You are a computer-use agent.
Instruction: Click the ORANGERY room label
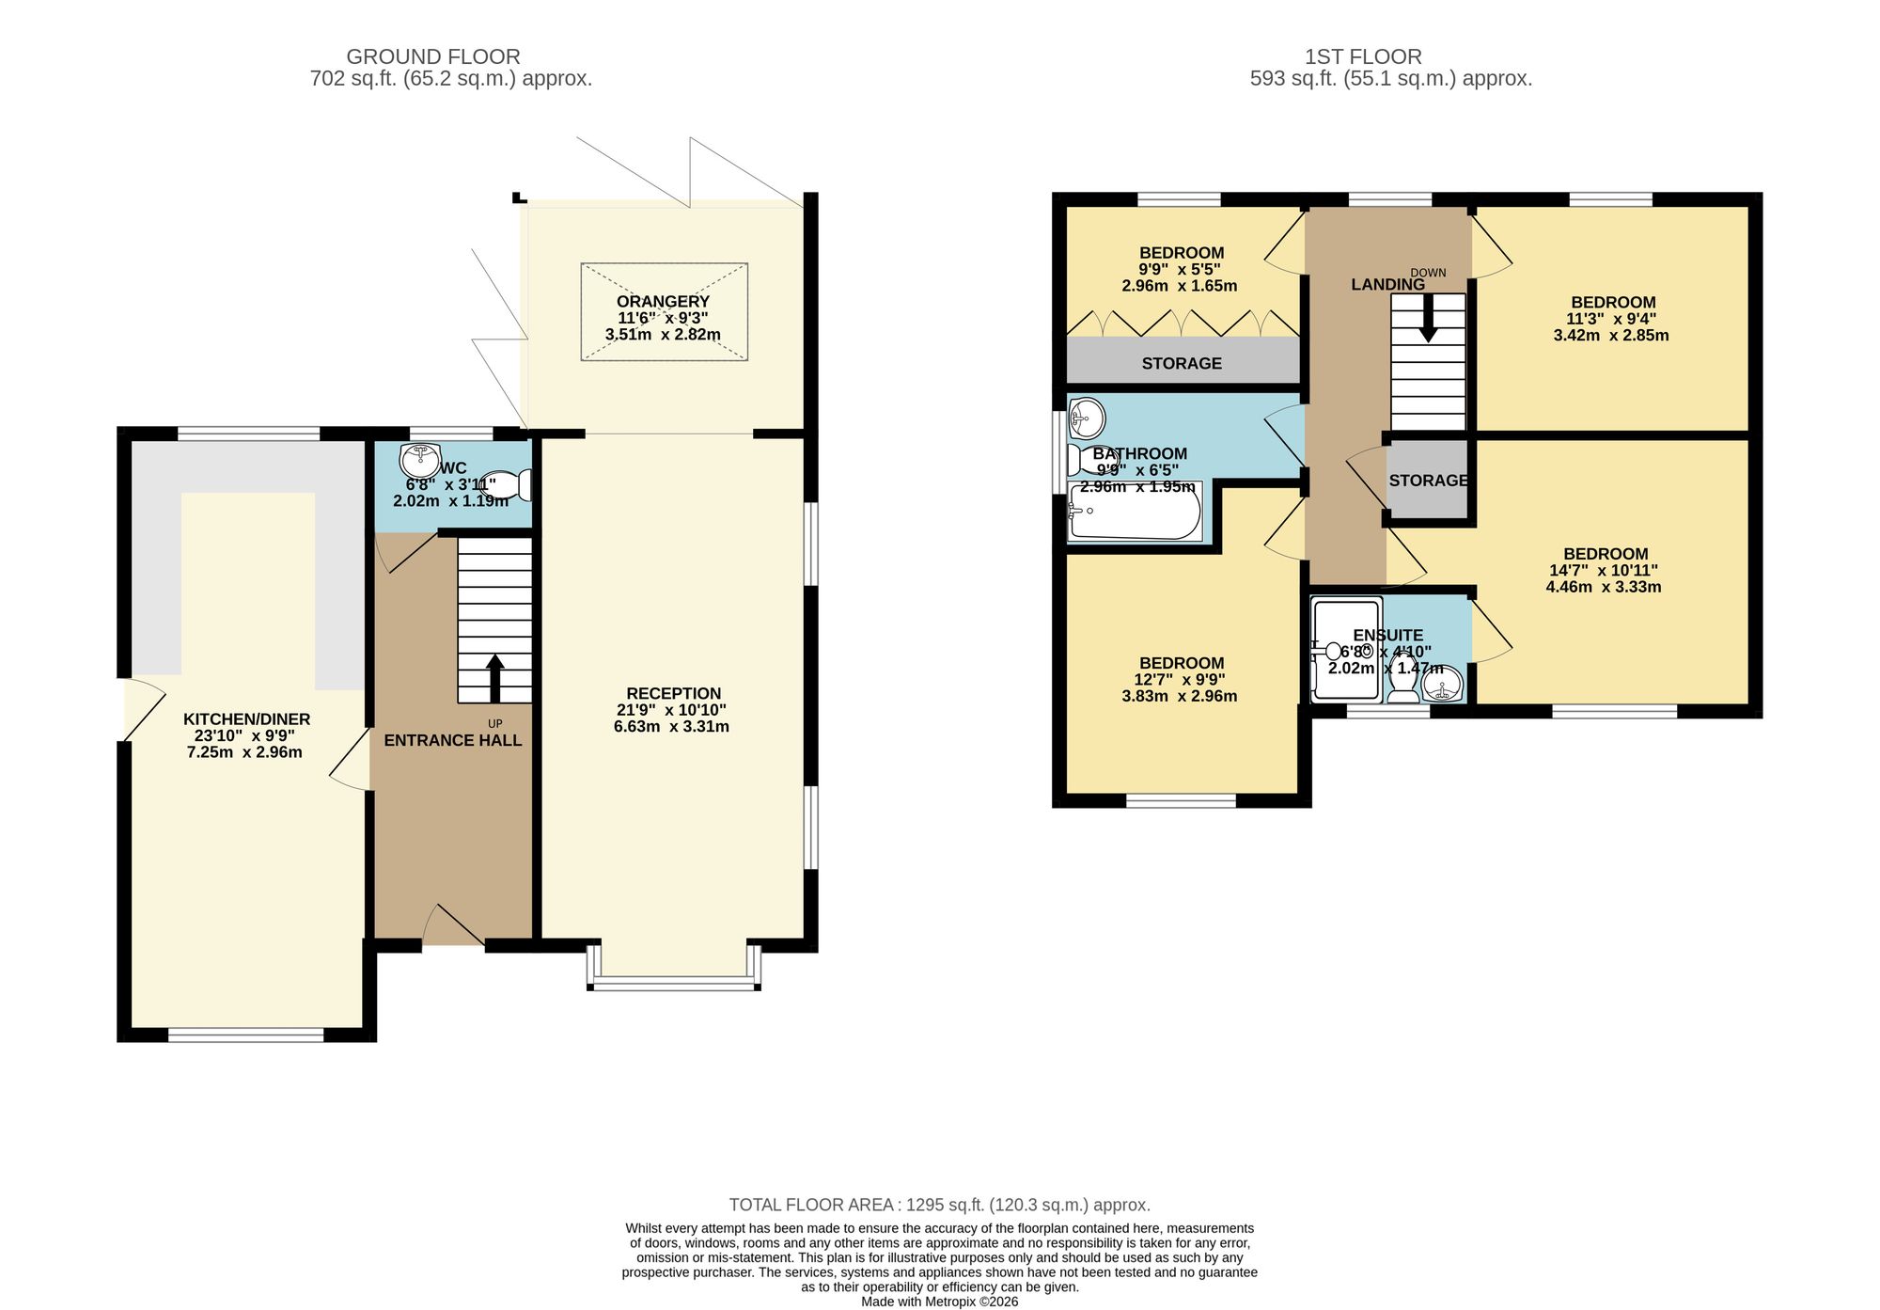coord(663,301)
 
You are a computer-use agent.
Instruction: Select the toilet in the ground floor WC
coord(507,485)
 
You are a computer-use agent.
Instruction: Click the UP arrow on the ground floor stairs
coord(494,677)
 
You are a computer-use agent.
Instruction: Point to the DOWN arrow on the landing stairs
coord(1428,318)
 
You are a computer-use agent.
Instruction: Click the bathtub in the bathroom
coord(1135,512)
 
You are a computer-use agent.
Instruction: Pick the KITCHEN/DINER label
coord(246,719)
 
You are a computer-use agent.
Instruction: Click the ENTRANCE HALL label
coord(452,740)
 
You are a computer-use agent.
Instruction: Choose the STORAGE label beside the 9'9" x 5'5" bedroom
coord(1182,363)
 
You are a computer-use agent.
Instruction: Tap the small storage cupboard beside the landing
coord(1428,479)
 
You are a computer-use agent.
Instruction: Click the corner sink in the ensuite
coord(1443,683)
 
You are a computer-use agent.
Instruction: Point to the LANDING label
coord(1387,284)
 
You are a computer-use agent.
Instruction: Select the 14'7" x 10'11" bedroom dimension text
coord(1604,570)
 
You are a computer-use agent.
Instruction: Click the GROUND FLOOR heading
coord(433,56)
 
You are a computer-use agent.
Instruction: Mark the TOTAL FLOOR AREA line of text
coord(940,1205)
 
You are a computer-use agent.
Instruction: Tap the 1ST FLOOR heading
coord(1363,56)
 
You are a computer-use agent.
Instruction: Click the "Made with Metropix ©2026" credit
coord(940,1302)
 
